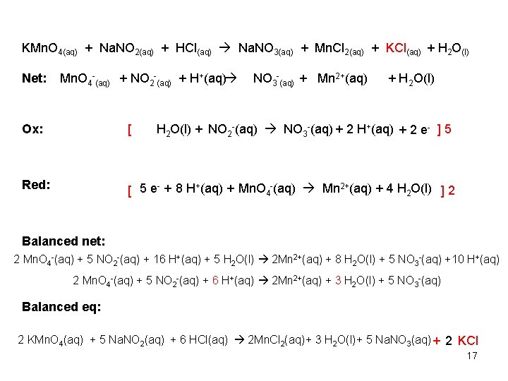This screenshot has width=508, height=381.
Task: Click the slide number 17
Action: (x=472, y=356)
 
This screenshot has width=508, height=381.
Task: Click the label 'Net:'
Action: (x=34, y=78)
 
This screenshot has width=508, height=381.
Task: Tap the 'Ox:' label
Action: (x=32, y=129)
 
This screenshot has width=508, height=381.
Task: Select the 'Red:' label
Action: (x=36, y=185)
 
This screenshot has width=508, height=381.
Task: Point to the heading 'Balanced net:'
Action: (x=64, y=241)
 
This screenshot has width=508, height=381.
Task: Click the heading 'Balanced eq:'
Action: (x=61, y=306)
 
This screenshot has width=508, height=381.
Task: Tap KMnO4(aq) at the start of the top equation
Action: (x=50, y=49)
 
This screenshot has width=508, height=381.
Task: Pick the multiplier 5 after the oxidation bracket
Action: (x=448, y=129)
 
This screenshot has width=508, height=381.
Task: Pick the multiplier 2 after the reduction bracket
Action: (x=451, y=189)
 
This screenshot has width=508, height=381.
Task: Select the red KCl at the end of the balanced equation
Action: (x=468, y=341)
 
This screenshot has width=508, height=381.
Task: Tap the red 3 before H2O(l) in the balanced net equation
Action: (x=337, y=280)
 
